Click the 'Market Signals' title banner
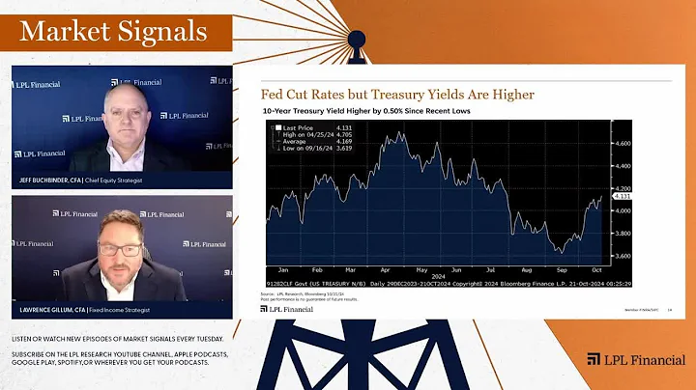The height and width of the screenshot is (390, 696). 114,32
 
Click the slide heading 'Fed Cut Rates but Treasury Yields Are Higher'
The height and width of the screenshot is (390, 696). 397,95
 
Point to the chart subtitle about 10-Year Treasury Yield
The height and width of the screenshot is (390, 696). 380,112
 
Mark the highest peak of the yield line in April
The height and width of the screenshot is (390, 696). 399,132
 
